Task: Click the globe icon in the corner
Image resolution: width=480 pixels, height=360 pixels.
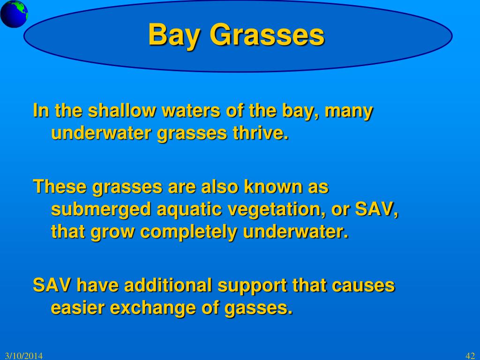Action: tap(14, 14)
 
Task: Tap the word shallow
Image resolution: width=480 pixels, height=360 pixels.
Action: tap(122, 110)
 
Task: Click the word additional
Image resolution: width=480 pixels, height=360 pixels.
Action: tap(168, 285)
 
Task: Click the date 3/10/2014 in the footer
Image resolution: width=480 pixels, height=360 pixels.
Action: tap(24, 356)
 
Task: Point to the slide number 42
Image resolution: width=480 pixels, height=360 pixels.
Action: tap(470, 356)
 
